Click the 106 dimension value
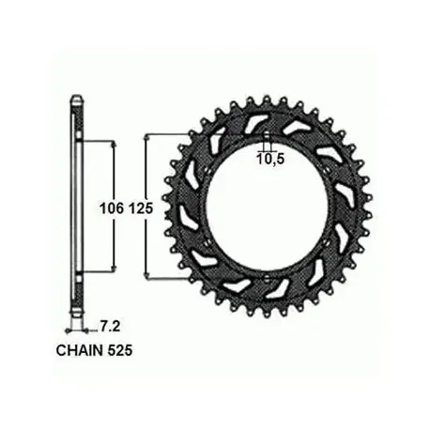click(112, 208)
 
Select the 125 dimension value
click(140, 208)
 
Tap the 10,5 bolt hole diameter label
click(270, 160)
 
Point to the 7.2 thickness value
click(110, 327)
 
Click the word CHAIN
click(80, 351)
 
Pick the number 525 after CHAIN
click(119, 351)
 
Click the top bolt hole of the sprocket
click(267, 135)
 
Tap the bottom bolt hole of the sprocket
click(267, 278)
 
